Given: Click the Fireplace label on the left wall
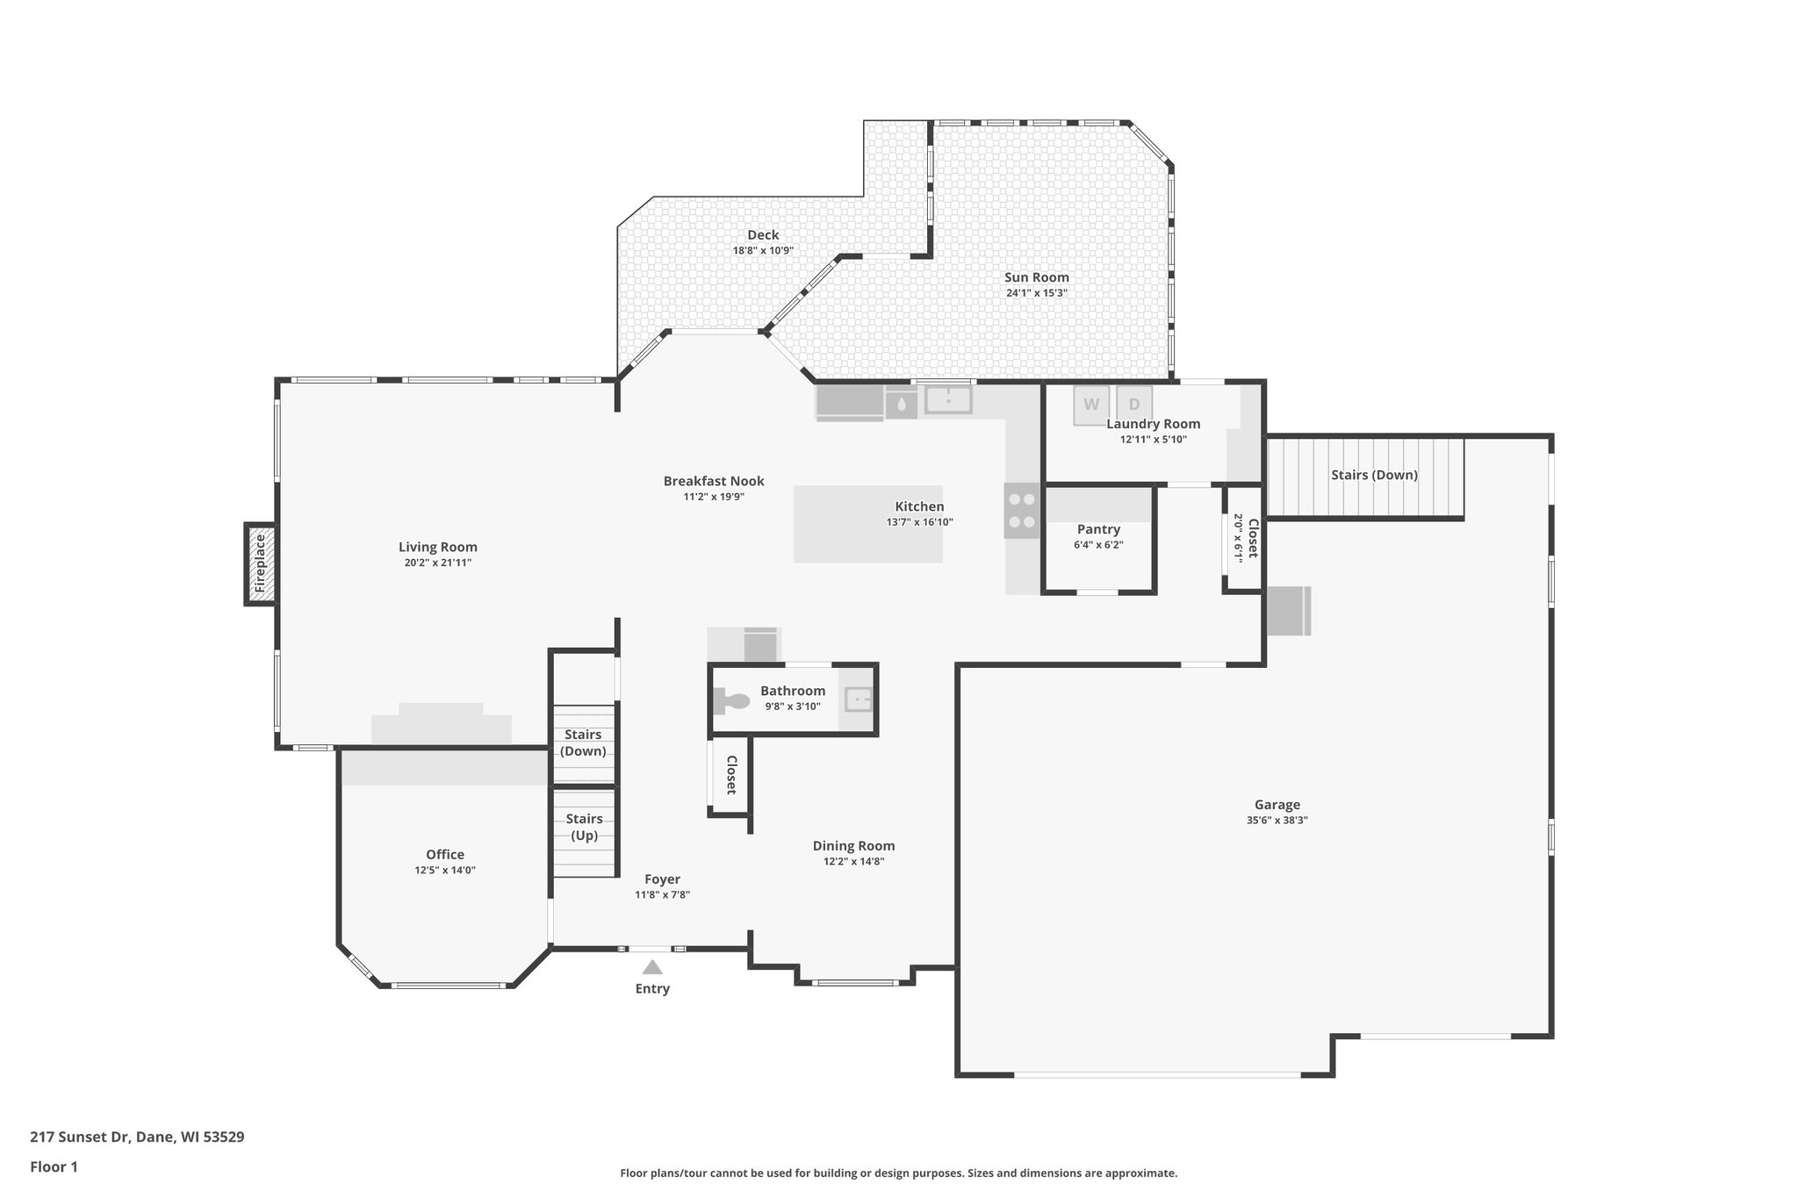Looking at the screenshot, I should coord(260,564).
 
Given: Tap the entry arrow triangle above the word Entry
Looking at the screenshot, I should coord(652,967).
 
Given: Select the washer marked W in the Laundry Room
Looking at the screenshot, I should coord(1091,405).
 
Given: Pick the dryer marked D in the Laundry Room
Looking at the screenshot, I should coord(1134,405).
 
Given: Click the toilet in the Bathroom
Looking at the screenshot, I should coord(733,700).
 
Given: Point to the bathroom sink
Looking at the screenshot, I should coord(857,699).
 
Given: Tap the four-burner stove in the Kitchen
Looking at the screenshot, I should coord(1022,510).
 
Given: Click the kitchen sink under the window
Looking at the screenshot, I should coord(948,400).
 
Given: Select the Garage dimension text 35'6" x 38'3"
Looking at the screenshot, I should coord(1277,821).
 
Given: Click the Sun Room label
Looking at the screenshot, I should coord(1037,277).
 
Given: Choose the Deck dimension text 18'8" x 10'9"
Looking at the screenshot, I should coord(763,251).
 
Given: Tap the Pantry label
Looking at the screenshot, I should coord(1098,529).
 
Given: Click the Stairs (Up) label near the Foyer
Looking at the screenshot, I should coord(584,827).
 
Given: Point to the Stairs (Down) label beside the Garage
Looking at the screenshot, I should coord(1374,475).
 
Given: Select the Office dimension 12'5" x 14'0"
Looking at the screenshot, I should coord(445,871).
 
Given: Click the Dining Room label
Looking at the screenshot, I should coord(853,846).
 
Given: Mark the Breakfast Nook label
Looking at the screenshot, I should coord(714,481).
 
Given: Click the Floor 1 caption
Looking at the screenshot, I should coord(54,1167).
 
